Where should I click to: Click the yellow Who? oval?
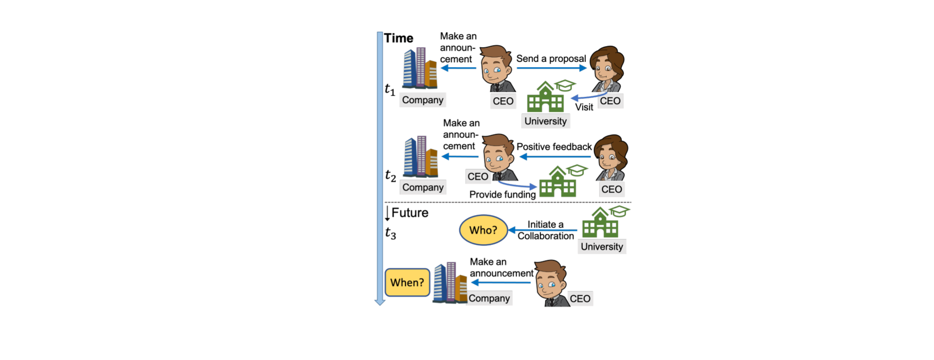coord(484,230)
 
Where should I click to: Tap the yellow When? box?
coord(407,283)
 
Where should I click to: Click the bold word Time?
coord(398,38)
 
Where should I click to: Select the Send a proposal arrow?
coord(552,68)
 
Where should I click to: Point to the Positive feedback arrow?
coord(555,157)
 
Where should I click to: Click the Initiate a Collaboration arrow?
coord(542,230)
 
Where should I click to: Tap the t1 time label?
coord(390,90)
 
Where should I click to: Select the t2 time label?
coord(390,175)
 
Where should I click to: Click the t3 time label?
coord(390,234)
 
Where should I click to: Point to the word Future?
coord(410,213)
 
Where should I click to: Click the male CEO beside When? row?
coord(552,283)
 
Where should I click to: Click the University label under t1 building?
coord(545,121)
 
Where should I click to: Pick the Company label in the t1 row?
coord(423,100)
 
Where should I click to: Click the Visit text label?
coord(584,107)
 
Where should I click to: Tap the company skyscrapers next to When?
coord(450,283)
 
